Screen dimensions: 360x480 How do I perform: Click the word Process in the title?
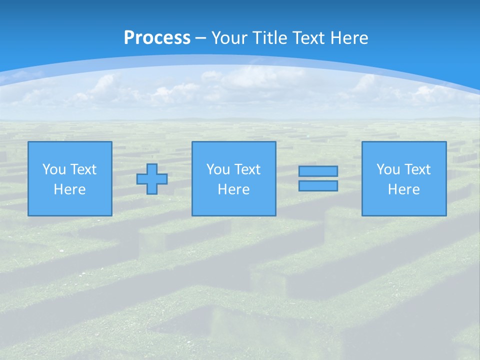pyautogui.click(x=157, y=38)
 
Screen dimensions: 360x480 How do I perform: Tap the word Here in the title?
pyautogui.click(x=348, y=38)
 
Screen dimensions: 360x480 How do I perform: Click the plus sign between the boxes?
pyautogui.click(x=152, y=179)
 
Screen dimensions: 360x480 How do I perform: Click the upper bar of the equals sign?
pyautogui.click(x=318, y=171)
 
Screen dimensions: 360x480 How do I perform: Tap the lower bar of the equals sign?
pyautogui.click(x=318, y=186)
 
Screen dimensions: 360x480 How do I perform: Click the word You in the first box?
pyautogui.click(x=54, y=169)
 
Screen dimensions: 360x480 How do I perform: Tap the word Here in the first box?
pyautogui.click(x=70, y=189)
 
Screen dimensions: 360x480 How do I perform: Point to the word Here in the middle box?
pyautogui.click(x=234, y=189)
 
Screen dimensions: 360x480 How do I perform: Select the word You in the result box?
pyautogui.click(x=388, y=169)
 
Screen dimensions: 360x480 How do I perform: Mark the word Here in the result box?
pyautogui.click(x=404, y=189)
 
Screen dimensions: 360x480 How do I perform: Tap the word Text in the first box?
pyautogui.click(x=83, y=169)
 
